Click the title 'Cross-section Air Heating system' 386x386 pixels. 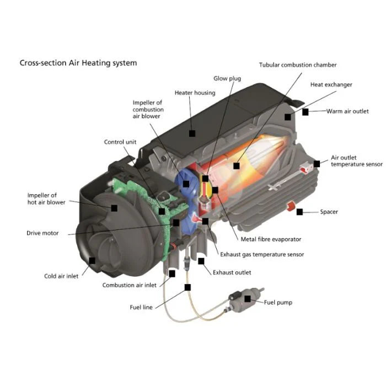(x=78, y=63)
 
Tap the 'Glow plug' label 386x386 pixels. (x=227, y=79)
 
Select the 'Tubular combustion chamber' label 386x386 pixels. (x=298, y=65)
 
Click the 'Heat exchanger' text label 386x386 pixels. (x=331, y=85)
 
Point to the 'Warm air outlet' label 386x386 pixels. (x=347, y=111)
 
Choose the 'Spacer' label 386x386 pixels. (x=329, y=212)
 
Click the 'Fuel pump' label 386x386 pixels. (x=278, y=302)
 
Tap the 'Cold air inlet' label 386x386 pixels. (x=61, y=276)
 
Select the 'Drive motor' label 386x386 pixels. (x=42, y=233)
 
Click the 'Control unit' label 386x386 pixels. (x=120, y=142)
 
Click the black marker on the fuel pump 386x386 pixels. (x=248, y=298)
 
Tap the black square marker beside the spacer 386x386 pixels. (x=299, y=212)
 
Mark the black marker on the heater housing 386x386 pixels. (x=192, y=133)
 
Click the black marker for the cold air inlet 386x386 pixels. (x=92, y=260)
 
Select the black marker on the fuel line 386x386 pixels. (x=188, y=287)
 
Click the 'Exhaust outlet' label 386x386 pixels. (x=232, y=272)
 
